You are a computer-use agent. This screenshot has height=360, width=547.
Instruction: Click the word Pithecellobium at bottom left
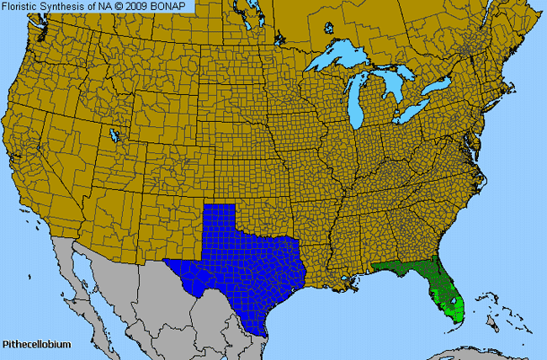click(x=36, y=345)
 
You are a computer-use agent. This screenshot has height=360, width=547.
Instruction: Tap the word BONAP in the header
click(x=176, y=6)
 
